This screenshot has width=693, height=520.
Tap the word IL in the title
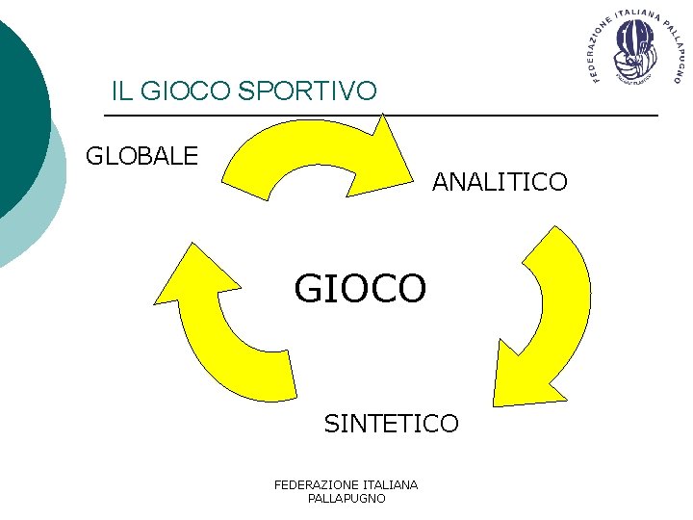click(x=121, y=91)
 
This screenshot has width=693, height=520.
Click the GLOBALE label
click(x=141, y=155)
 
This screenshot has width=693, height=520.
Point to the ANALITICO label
click(x=500, y=181)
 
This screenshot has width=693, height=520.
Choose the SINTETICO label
click(x=391, y=423)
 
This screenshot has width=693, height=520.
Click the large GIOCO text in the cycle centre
click(x=360, y=287)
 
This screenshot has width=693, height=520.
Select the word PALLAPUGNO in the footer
click(x=346, y=499)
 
